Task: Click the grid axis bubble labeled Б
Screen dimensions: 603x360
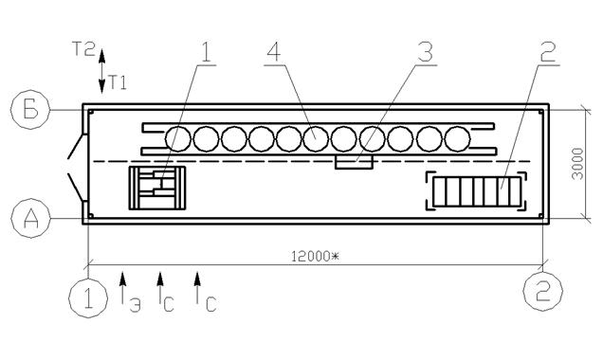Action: click(30, 110)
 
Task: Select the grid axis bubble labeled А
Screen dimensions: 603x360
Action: click(30, 218)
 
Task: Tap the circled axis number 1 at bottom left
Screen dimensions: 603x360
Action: click(88, 297)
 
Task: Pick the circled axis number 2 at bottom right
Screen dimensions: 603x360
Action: click(543, 291)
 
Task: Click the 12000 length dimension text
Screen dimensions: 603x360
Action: click(315, 257)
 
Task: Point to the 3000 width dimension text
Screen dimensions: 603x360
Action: click(578, 163)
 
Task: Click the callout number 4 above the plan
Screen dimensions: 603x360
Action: click(274, 51)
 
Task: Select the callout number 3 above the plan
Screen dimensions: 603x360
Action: click(426, 51)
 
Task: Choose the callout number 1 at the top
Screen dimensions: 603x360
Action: click(206, 51)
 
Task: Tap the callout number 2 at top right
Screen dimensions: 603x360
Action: click(548, 51)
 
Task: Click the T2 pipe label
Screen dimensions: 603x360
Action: click(83, 49)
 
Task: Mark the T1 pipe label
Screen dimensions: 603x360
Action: click(118, 82)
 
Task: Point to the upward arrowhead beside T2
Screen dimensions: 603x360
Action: click(101, 56)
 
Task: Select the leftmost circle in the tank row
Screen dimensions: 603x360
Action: click(178, 138)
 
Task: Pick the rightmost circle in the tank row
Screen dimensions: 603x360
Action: click(457, 138)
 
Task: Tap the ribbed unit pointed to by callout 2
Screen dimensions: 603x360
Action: click(476, 191)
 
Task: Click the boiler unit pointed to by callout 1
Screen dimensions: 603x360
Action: click(156, 188)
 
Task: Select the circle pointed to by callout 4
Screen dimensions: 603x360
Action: click(316, 138)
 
